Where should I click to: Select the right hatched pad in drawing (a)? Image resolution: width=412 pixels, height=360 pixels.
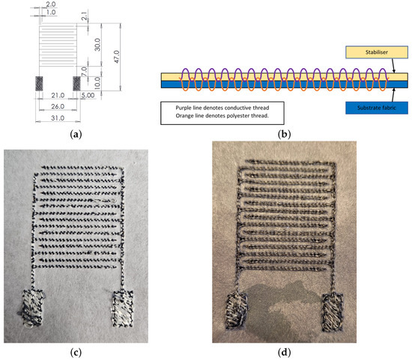(x=76, y=81)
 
